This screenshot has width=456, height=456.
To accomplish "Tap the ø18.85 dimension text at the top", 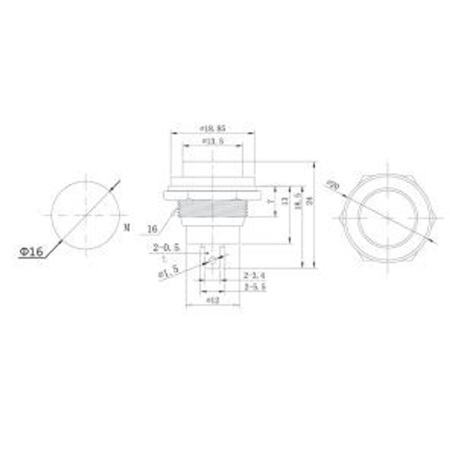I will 212,129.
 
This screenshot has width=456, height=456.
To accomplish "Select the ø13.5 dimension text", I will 212,141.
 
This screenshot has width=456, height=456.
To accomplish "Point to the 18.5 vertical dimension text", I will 298,201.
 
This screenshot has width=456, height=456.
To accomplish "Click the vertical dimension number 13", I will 285,201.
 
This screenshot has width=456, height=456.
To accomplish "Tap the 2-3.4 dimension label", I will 255,275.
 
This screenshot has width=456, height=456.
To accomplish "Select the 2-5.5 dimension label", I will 255,287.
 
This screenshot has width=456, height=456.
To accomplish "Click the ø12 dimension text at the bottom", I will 213,301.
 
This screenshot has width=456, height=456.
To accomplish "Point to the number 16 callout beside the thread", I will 152,228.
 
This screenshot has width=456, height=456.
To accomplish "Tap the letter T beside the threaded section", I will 270,201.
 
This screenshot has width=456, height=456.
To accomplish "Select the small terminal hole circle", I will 212,260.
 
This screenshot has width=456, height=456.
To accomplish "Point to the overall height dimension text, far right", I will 311,201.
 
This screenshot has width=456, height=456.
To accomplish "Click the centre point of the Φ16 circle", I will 86,214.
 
